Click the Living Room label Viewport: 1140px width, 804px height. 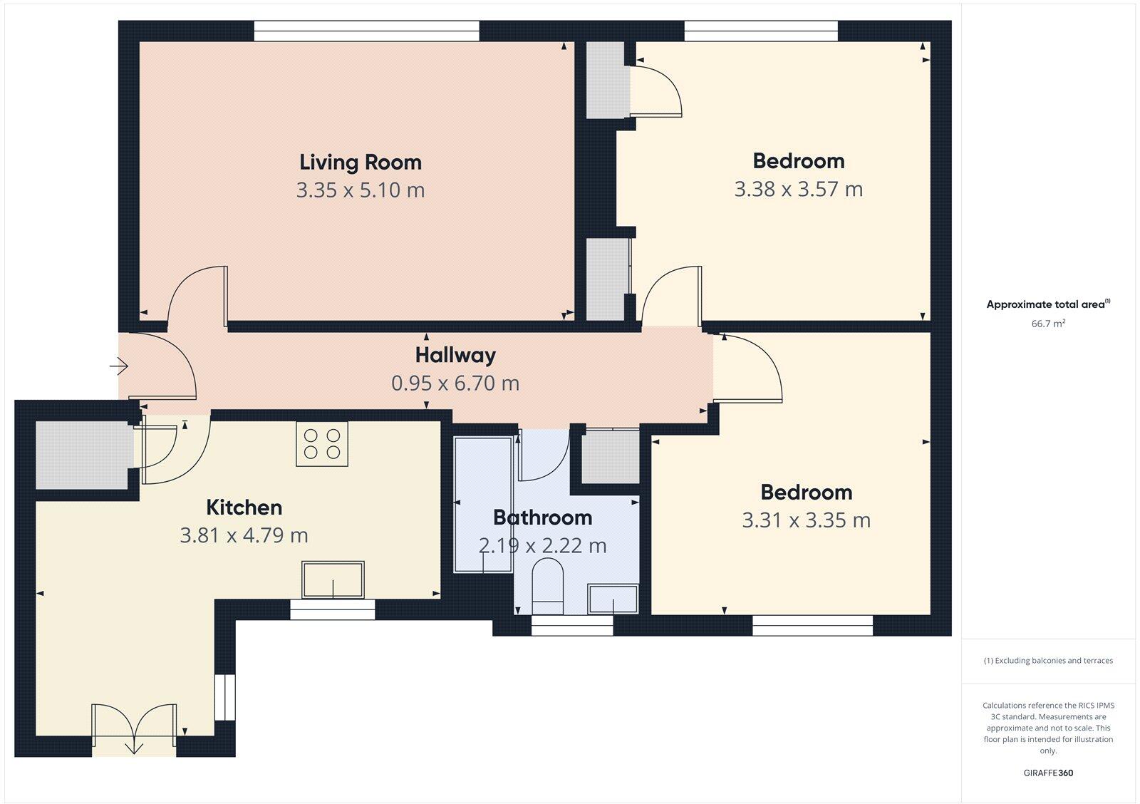tap(360, 163)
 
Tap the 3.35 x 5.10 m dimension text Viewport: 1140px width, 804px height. tap(360, 190)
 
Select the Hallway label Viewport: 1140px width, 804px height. tap(455, 355)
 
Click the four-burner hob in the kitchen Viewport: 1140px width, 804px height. tap(322, 444)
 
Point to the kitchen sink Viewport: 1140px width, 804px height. tap(333, 580)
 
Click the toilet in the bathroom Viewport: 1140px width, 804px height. tap(548, 587)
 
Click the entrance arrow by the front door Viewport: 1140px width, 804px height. tap(118, 367)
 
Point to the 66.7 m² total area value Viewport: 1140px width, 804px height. tap(1048, 324)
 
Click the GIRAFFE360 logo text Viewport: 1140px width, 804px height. tap(1048, 773)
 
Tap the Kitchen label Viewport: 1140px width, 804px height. tap(244, 507)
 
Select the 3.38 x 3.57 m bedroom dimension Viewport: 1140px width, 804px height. tap(798, 190)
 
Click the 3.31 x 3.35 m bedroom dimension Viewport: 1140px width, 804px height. tap(806, 520)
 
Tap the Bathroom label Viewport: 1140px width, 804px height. tap(542, 517)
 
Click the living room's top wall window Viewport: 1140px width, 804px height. tap(366, 31)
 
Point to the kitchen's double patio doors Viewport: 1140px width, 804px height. tap(134, 728)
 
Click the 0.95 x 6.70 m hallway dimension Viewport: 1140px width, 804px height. tap(455, 383)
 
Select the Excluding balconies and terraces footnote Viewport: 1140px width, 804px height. tap(1048, 661)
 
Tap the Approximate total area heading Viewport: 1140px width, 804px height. tap(1046, 304)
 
